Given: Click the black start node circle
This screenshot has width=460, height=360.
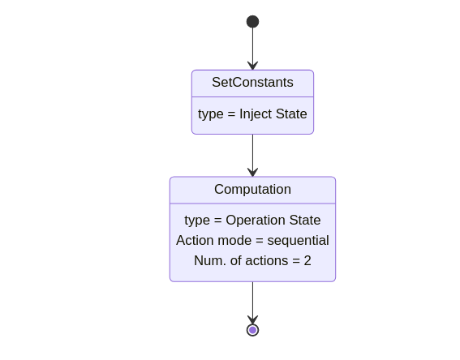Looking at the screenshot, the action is pyautogui.click(x=252, y=22).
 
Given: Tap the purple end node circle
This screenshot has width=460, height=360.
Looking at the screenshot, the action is pyautogui.click(x=252, y=330).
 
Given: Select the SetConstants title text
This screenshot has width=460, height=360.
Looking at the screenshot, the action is pyautogui.click(x=252, y=83).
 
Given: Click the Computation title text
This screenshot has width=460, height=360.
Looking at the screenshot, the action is pyautogui.click(x=252, y=190).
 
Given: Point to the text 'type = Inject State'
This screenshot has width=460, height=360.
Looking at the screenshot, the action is pyautogui.click(x=252, y=114).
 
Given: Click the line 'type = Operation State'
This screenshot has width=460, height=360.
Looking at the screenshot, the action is pyautogui.click(x=252, y=221).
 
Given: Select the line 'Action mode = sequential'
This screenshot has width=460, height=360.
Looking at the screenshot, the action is pyautogui.click(x=252, y=240).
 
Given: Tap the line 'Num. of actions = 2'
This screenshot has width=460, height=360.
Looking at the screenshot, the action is pyautogui.click(x=252, y=260).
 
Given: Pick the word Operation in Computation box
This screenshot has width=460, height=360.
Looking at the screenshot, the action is pyautogui.click(x=256, y=221).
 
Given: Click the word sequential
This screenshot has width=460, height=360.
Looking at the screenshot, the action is pyautogui.click(x=298, y=240).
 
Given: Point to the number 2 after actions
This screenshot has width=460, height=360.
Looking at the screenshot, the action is pyautogui.click(x=307, y=260).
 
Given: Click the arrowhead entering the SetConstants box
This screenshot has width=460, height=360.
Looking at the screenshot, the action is pyautogui.click(x=252, y=66).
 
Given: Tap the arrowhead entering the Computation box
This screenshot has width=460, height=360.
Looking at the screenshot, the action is pyautogui.click(x=252, y=173).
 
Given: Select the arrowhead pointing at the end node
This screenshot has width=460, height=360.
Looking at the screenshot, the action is pyautogui.click(x=252, y=319).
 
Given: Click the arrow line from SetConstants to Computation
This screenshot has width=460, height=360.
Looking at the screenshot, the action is pyautogui.click(x=252, y=156).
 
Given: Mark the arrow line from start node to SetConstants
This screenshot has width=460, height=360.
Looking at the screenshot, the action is pyautogui.click(x=252, y=49).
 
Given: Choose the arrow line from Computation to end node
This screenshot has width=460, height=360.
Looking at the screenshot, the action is pyautogui.click(x=252, y=302).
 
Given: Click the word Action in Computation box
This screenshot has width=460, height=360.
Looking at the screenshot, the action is pyautogui.click(x=195, y=240).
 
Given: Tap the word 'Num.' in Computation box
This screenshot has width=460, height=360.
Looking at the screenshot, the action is pyautogui.click(x=210, y=260).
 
